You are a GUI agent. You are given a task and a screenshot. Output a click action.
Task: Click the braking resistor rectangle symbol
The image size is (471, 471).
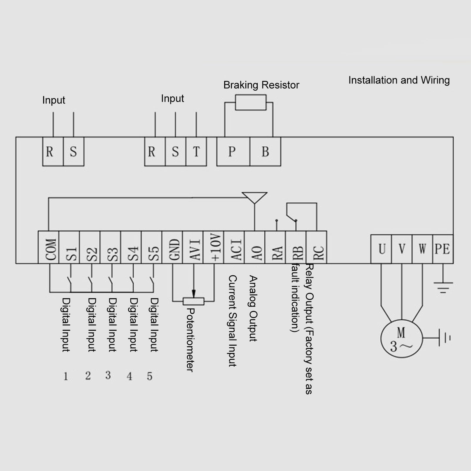click(251, 102)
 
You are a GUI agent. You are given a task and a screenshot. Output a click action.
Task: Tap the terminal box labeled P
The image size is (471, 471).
click(233, 152)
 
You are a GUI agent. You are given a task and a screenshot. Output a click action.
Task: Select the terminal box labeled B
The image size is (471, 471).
click(265, 152)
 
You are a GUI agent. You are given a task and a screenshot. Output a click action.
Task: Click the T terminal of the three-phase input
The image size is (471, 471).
click(196, 152)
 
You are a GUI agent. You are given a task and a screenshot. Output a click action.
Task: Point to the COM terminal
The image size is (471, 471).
click(49, 247)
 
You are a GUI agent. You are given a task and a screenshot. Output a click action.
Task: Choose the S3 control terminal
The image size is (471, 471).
click(110, 247)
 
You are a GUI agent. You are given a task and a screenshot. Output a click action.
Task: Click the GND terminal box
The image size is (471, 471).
click(172, 247)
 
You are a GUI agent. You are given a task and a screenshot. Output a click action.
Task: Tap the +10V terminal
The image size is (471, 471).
click(214, 247)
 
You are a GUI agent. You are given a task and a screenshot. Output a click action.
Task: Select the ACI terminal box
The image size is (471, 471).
click(234, 247)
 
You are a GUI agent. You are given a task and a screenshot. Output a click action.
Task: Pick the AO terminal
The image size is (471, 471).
click(255, 247)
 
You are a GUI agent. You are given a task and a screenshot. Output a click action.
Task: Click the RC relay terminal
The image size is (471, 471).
click(317, 247)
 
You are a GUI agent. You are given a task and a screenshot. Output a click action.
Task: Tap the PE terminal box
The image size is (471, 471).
click(443, 249)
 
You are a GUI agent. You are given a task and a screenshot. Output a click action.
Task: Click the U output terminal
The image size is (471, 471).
click(381, 249)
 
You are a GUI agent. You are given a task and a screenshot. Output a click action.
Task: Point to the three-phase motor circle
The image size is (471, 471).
click(401, 339)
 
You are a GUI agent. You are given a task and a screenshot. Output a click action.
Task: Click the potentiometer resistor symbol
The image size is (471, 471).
click(193, 301)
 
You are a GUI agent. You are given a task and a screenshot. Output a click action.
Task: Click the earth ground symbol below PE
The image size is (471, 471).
click(443, 287)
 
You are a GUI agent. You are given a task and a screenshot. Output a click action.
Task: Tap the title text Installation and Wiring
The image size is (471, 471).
click(399, 80)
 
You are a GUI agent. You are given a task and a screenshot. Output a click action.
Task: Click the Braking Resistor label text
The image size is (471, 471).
click(261, 85)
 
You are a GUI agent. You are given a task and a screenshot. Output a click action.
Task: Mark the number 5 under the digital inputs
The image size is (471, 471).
click(149, 376)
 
